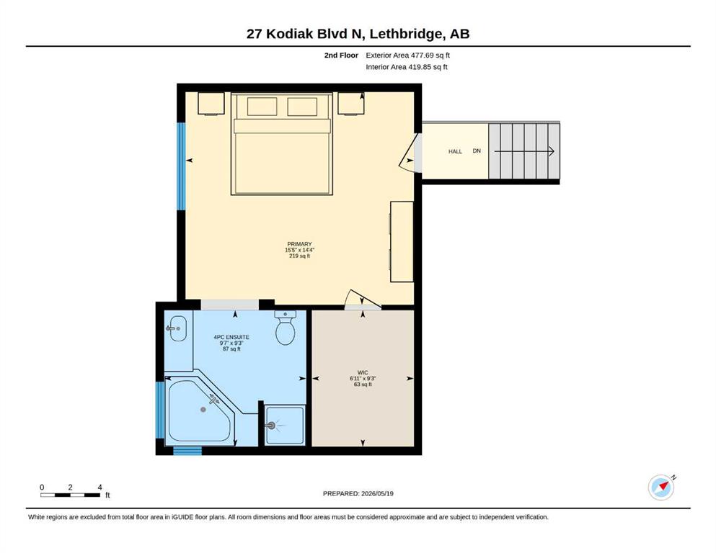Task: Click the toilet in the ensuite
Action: click(286, 328)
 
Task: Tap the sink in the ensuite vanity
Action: click(177, 328)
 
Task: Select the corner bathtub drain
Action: click(203, 410)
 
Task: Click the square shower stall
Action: click(285, 425)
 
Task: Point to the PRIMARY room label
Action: click(299, 244)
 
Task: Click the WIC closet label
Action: click(363, 372)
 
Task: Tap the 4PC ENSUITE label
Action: click(231, 338)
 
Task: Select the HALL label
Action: click(455, 151)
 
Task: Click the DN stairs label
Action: click(477, 151)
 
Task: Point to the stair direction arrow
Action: click(524, 151)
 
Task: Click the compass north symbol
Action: click(662, 487)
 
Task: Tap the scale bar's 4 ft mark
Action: click(100, 487)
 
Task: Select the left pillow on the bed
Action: click(262, 107)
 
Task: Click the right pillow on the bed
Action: click(302, 107)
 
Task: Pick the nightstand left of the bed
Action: click(211, 104)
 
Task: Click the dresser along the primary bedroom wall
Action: click(402, 242)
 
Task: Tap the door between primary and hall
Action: click(410, 153)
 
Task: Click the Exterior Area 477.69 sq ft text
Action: click(408, 55)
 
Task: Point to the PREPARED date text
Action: click(358, 493)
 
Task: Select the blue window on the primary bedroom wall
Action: click(181, 166)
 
